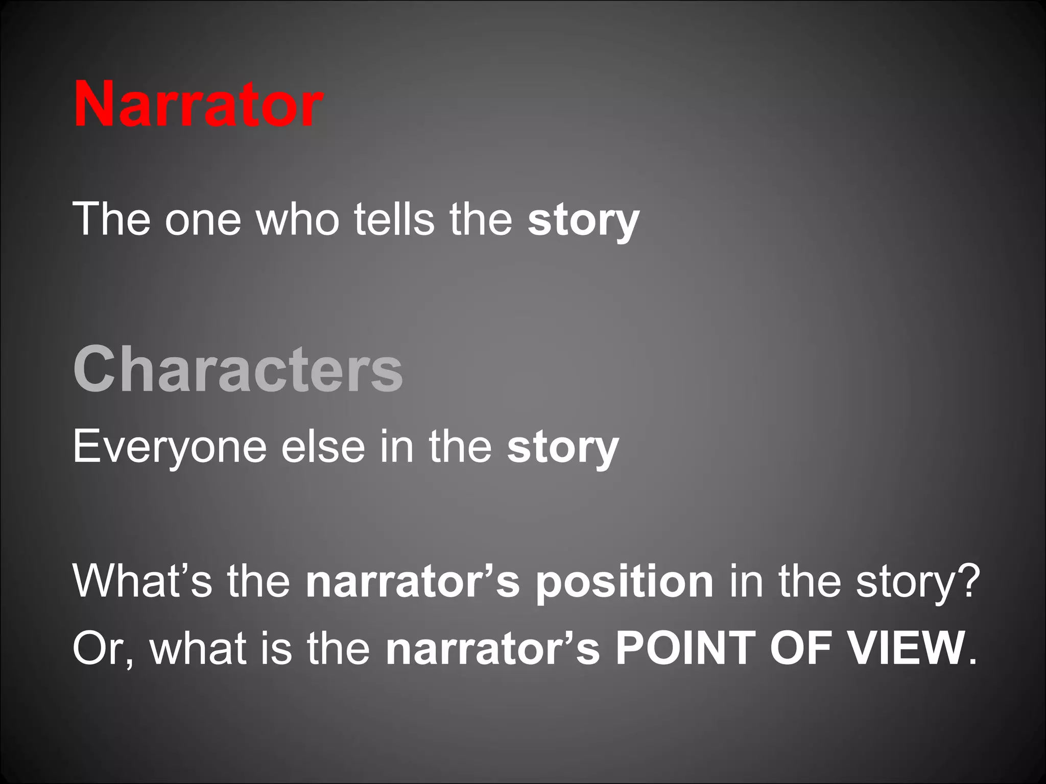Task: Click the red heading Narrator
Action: pos(198,105)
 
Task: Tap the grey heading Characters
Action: pos(238,369)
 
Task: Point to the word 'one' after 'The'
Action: pos(202,219)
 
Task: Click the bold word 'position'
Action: pos(624,582)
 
